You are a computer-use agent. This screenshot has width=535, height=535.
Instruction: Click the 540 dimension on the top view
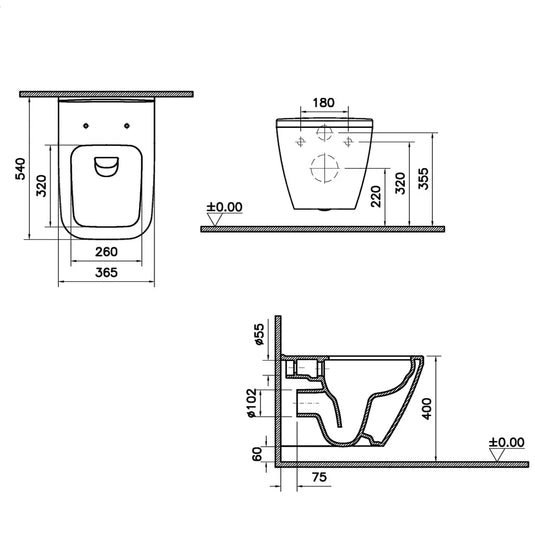17,168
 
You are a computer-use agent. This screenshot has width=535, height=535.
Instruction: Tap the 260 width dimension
107,252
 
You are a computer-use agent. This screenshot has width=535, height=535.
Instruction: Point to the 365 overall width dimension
107,272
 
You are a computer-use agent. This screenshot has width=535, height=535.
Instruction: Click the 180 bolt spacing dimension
324,102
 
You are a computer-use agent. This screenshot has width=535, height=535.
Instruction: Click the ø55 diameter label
258,334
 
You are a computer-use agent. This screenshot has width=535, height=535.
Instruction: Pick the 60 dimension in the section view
258,453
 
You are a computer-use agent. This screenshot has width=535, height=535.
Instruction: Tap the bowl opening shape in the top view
107,166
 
